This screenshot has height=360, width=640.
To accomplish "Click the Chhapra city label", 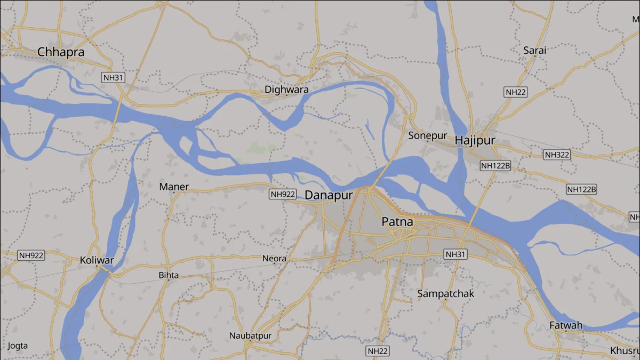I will (61, 52).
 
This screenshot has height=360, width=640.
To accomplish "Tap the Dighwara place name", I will (287, 90).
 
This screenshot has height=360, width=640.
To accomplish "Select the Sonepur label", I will (428, 135).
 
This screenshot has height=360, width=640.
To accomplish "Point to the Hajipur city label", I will (475, 141).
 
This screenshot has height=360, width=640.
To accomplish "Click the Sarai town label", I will (535, 51).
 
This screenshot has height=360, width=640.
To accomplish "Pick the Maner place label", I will (174, 187).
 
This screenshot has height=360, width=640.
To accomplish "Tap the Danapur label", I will (329, 196).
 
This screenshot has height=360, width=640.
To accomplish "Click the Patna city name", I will (397, 221).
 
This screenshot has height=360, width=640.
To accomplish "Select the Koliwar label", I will (97, 260).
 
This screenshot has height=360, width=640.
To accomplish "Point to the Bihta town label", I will (169, 276).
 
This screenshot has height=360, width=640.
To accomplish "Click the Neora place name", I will (274, 259).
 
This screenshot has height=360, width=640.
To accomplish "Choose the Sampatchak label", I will (446, 293).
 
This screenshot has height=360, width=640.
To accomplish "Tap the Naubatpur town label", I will (250, 335).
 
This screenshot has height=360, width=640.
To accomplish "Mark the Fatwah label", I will (566, 325).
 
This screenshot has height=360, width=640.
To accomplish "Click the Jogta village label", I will (18, 346).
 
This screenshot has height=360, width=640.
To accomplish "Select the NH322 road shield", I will (557, 155).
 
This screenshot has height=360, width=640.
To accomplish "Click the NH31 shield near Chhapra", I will (114, 77).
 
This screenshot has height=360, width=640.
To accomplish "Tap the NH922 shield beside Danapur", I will (282, 194).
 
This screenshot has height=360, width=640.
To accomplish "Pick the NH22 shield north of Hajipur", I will (516, 92).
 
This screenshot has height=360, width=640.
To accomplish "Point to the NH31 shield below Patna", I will (455, 254).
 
